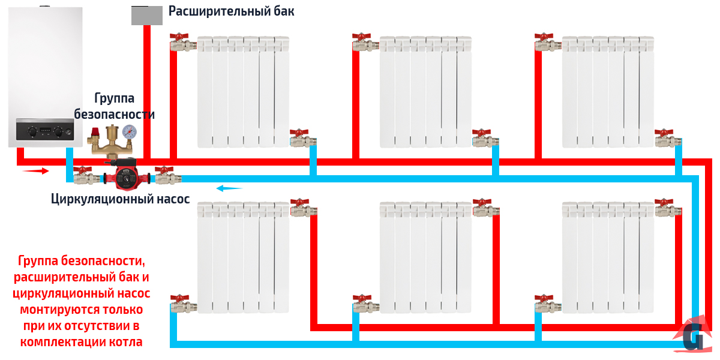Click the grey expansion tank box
(x=147, y=15)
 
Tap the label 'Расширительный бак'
(x=231, y=11)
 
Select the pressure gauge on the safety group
(x=129, y=132)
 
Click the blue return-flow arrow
(x=229, y=188)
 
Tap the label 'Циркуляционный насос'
(x=120, y=199)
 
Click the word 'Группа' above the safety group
(x=114, y=98)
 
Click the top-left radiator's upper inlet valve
(x=181, y=42)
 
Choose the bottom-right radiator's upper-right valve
(x=667, y=207)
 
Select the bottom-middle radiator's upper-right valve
(x=484, y=207)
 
